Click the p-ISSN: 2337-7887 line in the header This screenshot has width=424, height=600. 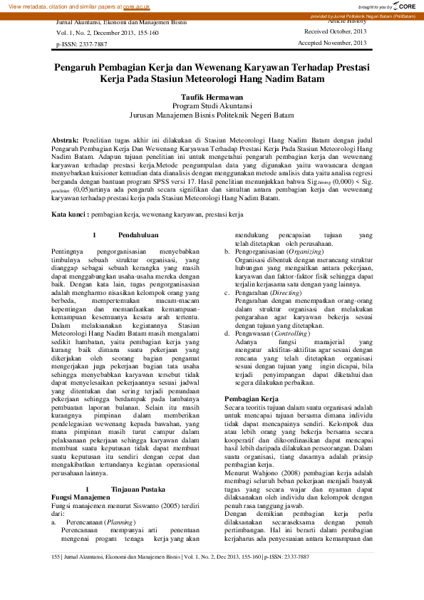[81, 44]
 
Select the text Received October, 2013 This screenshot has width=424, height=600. [335, 32]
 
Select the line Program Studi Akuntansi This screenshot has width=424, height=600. [212, 105]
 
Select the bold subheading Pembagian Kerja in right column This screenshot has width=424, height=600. [251, 398]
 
